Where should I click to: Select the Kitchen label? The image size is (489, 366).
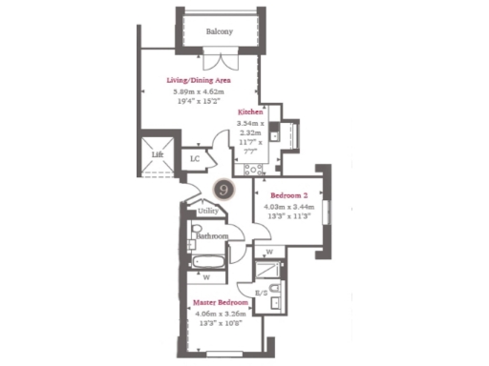pyautogui.click(x=250, y=112)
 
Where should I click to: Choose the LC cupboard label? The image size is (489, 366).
pyautogui.click(x=195, y=159)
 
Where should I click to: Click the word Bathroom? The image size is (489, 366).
pyautogui.click(x=211, y=235)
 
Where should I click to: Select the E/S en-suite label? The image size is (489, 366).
pyautogui.click(x=261, y=293)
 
